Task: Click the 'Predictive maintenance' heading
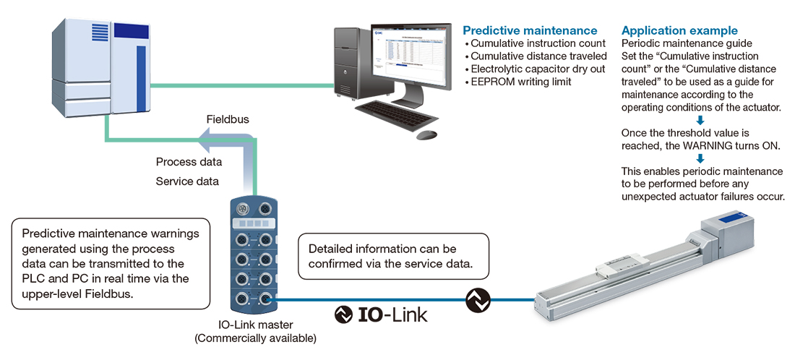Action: click(x=530, y=30)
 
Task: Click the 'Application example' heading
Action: click(x=679, y=30)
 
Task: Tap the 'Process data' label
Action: click(x=189, y=161)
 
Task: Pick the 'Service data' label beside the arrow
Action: click(x=187, y=181)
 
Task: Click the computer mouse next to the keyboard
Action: click(x=426, y=134)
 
